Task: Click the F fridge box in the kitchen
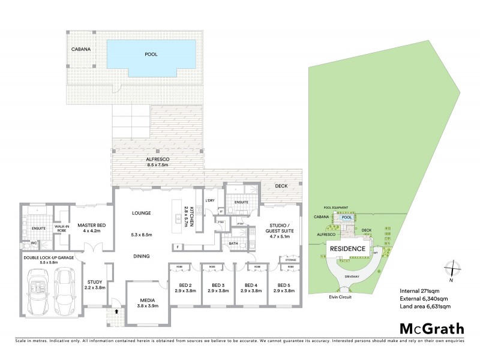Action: tap(178, 247)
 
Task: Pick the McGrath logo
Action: tap(432, 329)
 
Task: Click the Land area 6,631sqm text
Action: tap(425, 307)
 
